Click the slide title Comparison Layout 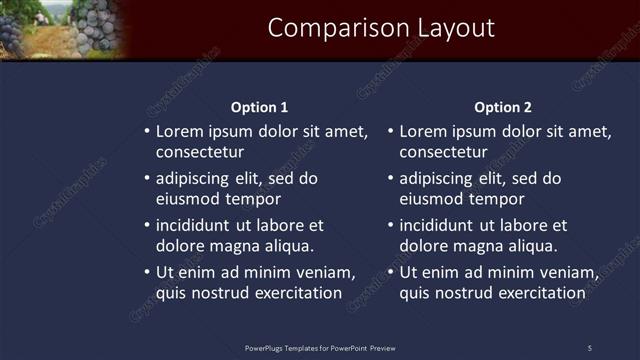(x=381, y=28)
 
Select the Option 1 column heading (x=259, y=107)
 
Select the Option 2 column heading (x=503, y=107)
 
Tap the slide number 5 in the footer (x=590, y=348)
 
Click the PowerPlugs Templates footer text (x=320, y=348)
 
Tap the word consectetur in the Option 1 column (x=200, y=152)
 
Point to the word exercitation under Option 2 (x=532, y=293)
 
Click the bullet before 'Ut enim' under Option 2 (x=391, y=273)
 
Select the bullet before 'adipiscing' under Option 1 (x=147, y=179)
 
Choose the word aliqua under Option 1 (x=288, y=246)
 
